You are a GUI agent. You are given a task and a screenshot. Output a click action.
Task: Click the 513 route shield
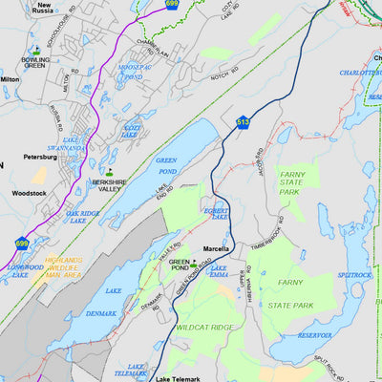243,122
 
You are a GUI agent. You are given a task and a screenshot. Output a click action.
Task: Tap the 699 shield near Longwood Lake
21,244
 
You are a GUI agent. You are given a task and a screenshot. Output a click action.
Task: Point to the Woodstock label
29,193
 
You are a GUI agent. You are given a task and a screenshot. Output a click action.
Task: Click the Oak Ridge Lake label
83,218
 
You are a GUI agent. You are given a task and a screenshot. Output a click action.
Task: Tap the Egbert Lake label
217,213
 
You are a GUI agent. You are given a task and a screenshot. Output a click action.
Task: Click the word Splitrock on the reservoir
354,275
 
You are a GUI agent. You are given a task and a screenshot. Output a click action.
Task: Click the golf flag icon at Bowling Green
35,50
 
